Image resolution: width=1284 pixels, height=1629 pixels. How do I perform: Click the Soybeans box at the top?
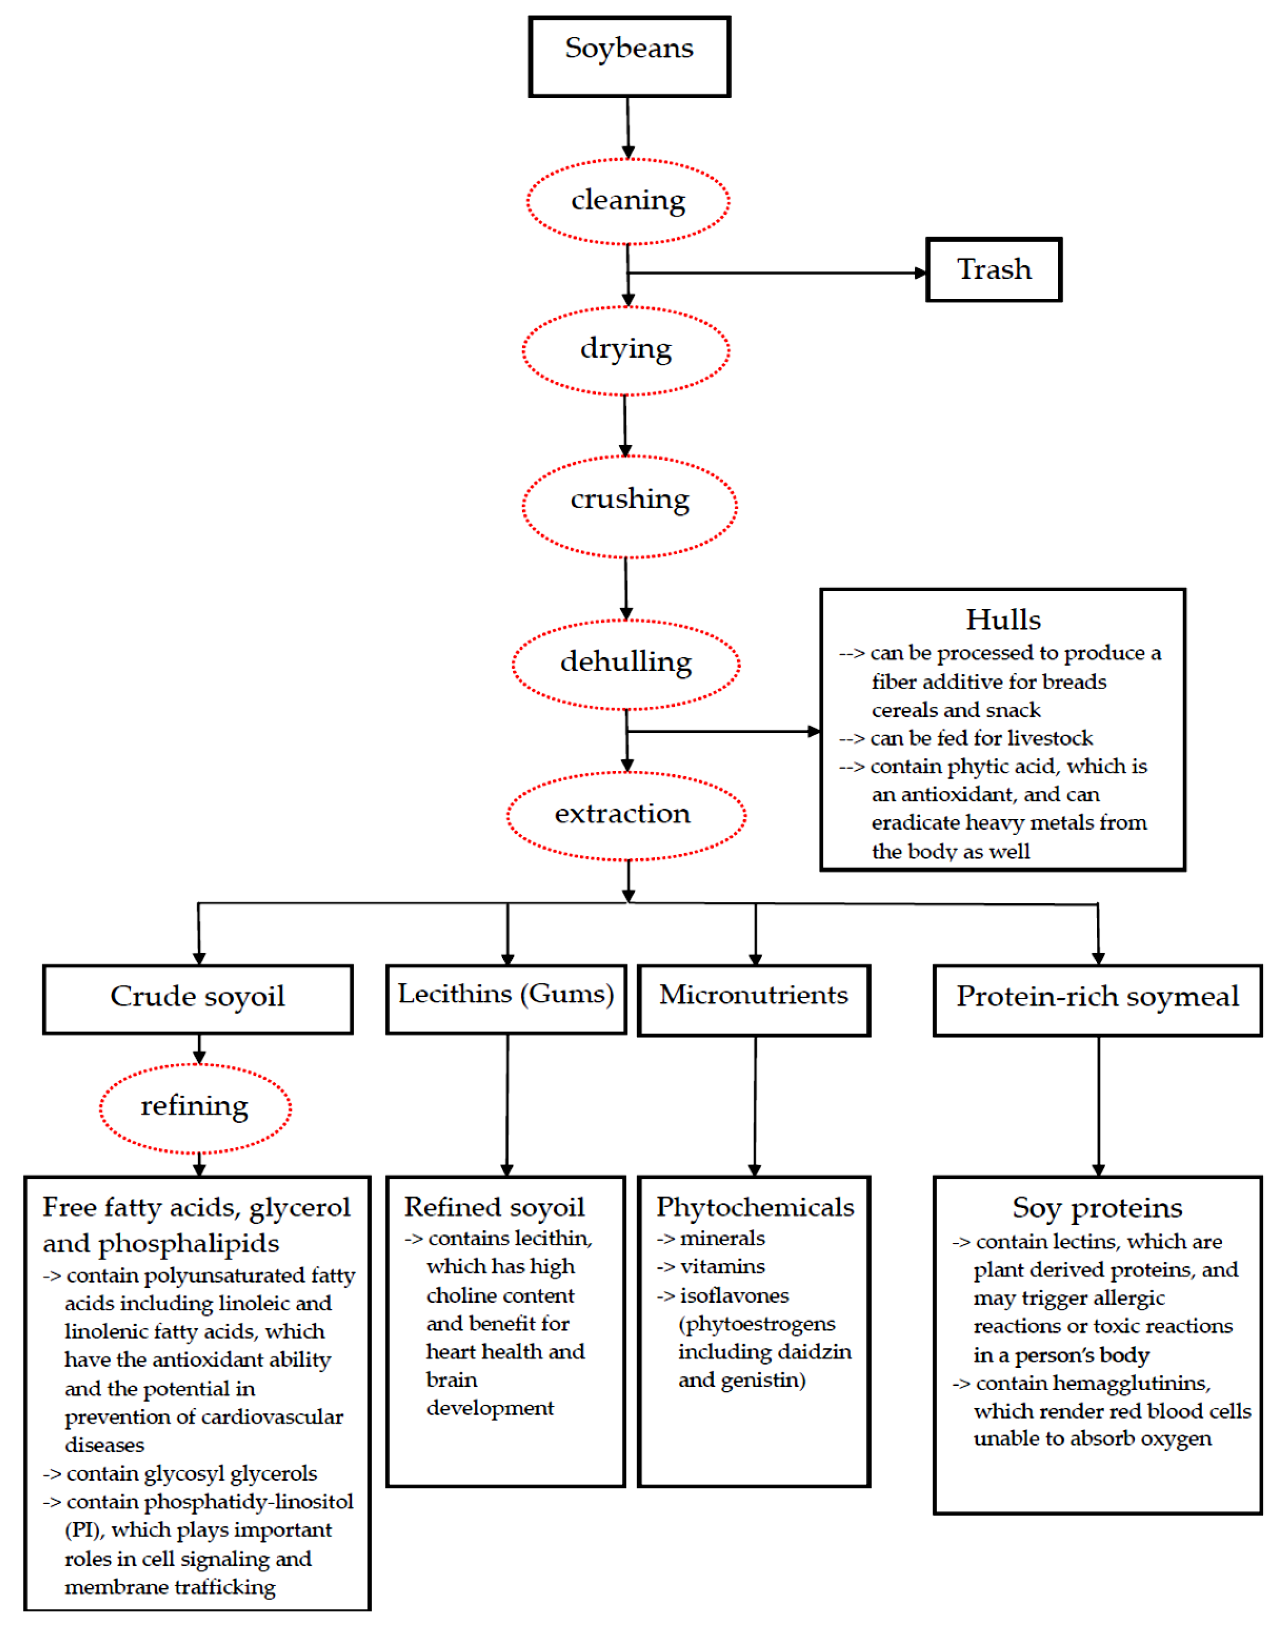[x=629, y=57]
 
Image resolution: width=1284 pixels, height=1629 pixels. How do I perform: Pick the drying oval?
[x=625, y=350]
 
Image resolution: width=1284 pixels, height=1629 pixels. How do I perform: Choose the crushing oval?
[x=629, y=506]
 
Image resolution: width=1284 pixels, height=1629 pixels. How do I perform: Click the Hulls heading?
[x=1003, y=620]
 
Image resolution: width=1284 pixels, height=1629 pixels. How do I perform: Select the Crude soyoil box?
[x=198, y=999]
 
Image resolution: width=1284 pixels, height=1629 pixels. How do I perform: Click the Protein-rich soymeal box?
[x=1097, y=999]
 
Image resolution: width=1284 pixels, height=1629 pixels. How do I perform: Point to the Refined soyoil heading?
[x=494, y=1207]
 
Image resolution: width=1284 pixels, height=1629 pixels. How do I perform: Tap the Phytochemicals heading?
[x=755, y=1207]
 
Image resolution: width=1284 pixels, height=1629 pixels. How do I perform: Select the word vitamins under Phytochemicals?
[x=722, y=1267]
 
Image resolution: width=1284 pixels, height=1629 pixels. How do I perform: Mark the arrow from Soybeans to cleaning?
[x=628, y=128]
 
